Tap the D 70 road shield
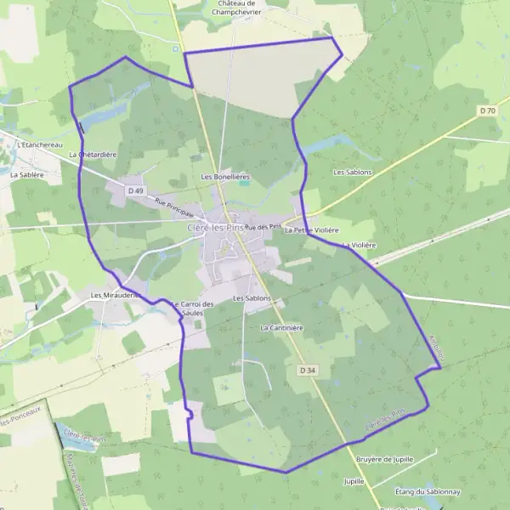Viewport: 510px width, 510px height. (487, 110)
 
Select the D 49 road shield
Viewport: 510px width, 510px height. (135, 191)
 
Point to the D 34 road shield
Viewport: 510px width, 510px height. (308, 370)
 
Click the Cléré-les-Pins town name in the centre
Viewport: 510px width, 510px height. (213, 228)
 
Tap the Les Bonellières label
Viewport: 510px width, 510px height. (224, 177)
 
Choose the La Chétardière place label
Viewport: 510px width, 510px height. (93, 155)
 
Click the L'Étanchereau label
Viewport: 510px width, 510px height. (41, 144)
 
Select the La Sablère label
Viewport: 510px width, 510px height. (27, 173)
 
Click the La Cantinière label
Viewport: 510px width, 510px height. (282, 327)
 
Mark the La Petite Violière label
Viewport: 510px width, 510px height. (312, 230)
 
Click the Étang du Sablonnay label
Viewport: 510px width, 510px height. (428, 490)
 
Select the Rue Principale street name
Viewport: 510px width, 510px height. (173, 207)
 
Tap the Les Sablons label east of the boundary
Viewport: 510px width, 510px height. (350, 172)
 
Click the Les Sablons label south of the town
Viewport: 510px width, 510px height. (252, 298)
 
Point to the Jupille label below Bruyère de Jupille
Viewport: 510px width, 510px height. (354, 481)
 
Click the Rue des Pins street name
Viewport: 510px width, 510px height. (263, 227)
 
